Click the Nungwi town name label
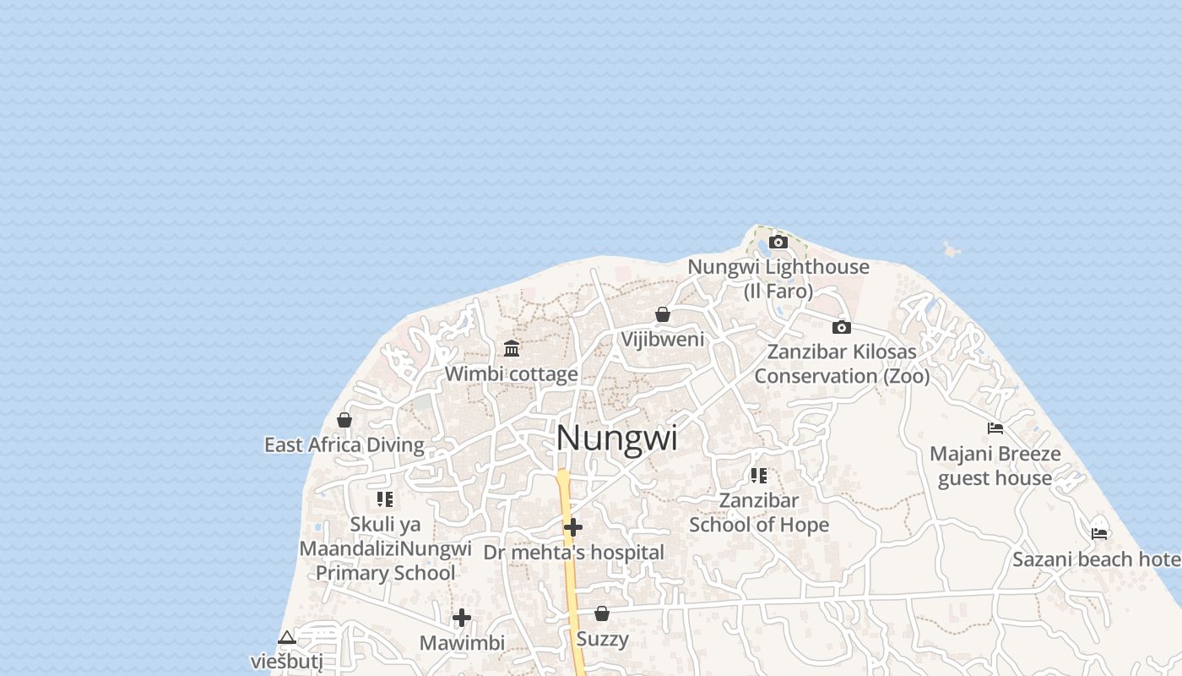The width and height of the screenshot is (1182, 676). [x=616, y=439]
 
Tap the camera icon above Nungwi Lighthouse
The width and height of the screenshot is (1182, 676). [x=778, y=243]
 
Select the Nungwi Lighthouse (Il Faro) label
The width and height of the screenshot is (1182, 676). [x=778, y=279]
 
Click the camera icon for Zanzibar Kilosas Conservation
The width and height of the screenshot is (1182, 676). [x=841, y=328]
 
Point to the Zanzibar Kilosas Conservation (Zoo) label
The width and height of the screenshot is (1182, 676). [x=842, y=364]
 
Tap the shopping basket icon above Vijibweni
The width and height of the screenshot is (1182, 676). [x=663, y=315]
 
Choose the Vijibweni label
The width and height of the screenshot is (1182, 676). [x=663, y=340]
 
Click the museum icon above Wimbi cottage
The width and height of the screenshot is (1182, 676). [x=512, y=349]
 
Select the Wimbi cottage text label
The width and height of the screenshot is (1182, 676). [x=512, y=373]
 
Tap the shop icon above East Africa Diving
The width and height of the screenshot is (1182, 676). [x=344, y=420]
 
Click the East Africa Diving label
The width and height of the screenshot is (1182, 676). [x=344, y=444]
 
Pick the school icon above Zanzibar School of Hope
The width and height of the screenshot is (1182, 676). [x=759, y=476]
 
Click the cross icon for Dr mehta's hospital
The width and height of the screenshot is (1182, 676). [x=573, y=528]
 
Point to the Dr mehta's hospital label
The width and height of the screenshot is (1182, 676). [x=574, y=553]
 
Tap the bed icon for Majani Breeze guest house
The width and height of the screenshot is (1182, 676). [x=995, y=428]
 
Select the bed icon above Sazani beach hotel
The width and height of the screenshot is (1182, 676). [x=1099, y=534]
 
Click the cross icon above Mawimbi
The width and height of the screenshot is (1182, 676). [x=462, y=618]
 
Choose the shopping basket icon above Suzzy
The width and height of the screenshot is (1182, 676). [x=602, y=613]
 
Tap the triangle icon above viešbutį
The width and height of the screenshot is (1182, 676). [x=287, y=637]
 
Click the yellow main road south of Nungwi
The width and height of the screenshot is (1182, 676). [x=571, y=575]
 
